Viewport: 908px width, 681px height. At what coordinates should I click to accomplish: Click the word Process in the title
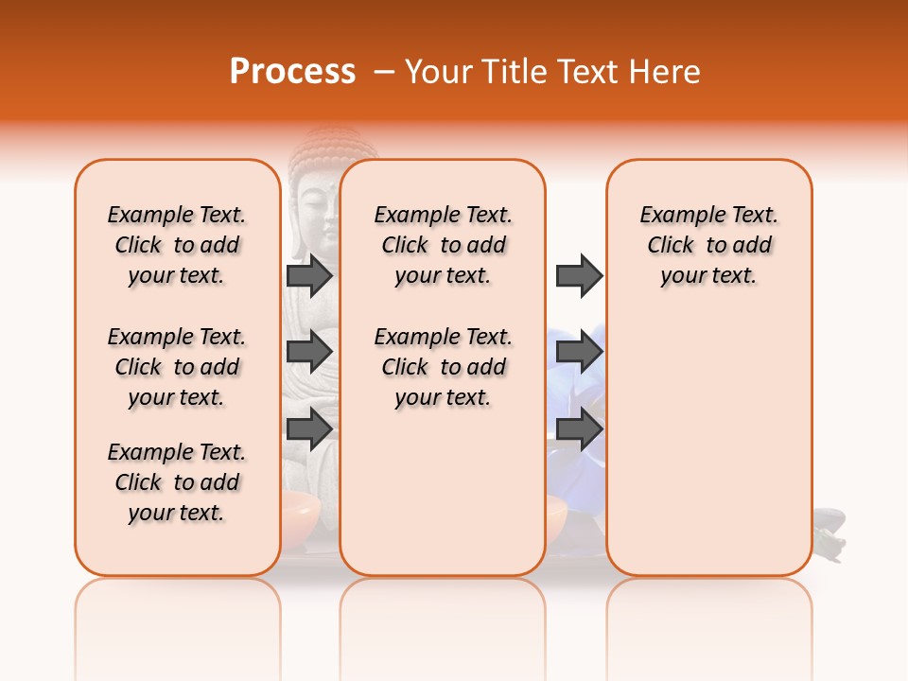(x=291, y=72)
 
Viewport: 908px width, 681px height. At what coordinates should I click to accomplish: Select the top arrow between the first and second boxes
(x=309, y=275)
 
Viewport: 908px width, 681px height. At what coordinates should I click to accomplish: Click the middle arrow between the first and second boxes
(x=309, y=352)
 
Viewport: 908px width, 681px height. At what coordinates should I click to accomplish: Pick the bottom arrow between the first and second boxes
(x=309, y=428)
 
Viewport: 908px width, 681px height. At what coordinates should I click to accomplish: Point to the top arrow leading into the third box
(x=579, y=275)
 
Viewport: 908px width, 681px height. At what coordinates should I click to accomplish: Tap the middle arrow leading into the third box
(x=579, y=352)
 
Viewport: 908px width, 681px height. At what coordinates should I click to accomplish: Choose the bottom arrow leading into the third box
(x=579, y=428)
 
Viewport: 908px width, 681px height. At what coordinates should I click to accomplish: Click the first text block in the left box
(x=177, y=245)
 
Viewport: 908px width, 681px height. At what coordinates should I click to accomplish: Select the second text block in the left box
(x=177, y=367)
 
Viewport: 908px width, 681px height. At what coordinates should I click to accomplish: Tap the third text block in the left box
(x=177, y=482)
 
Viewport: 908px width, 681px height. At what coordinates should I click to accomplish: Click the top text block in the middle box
(x=443, y=245)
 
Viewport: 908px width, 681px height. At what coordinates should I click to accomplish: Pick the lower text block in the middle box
(x=443, y=367)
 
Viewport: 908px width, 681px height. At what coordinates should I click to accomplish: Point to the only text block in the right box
(x=708, y=245)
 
